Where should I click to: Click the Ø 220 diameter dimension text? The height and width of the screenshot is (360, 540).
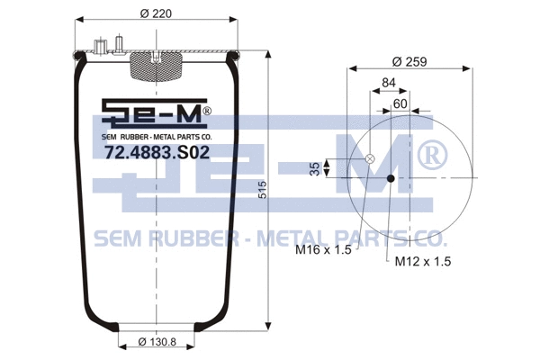tap(156, 12)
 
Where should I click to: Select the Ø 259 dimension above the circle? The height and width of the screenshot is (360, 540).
tap(408, 61)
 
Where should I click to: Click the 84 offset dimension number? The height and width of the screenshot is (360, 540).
tap(389, 84)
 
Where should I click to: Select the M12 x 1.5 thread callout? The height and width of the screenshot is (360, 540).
tap(422, 261)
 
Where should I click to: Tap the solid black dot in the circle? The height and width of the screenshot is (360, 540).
tap(391, 177)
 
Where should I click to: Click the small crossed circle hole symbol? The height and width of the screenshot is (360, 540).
tap(369, 159)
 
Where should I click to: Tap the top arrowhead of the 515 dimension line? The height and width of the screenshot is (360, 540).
tap(269, 53)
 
